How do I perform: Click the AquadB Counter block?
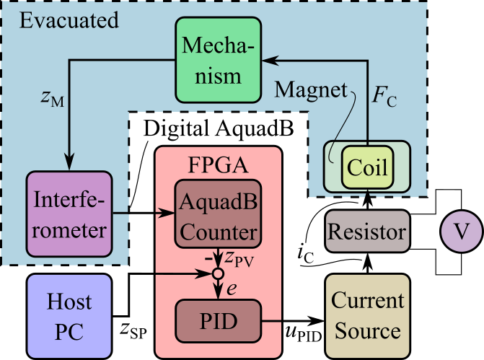click(x=218, y=219)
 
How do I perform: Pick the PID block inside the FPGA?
click(x=218, y=320)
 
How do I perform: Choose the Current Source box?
click(x=365, y=317)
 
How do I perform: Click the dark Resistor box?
click(x=367, y=232)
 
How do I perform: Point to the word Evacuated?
click(x=69, y=19)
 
